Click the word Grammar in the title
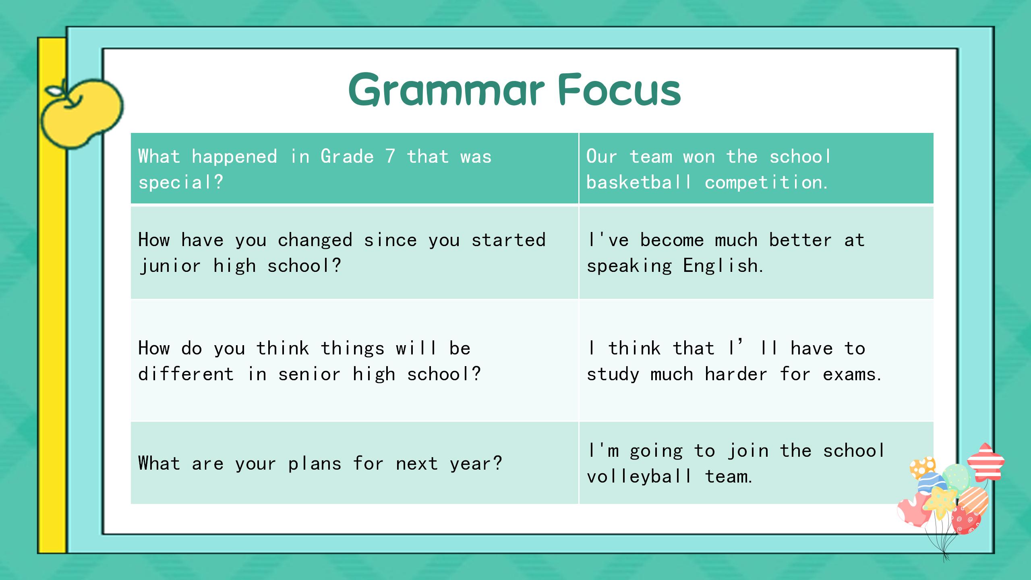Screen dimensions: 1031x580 tap(446, 91)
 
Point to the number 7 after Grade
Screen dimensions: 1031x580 tap(390, 156)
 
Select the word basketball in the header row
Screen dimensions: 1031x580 tap(639, 182)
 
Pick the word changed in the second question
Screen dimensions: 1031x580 tap(315, 240)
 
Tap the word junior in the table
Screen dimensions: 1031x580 tap(170, 266)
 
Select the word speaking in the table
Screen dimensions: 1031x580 tap(629, 266)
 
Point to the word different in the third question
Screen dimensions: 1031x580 tap(186, 374)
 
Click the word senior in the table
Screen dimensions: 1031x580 tap(310, 375)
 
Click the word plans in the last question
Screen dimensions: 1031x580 tap(315, 464)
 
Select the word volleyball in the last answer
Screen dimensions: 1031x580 tap(639, 476)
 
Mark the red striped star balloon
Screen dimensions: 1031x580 tap(986, 462)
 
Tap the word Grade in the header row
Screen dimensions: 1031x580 tap(347, 156)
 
